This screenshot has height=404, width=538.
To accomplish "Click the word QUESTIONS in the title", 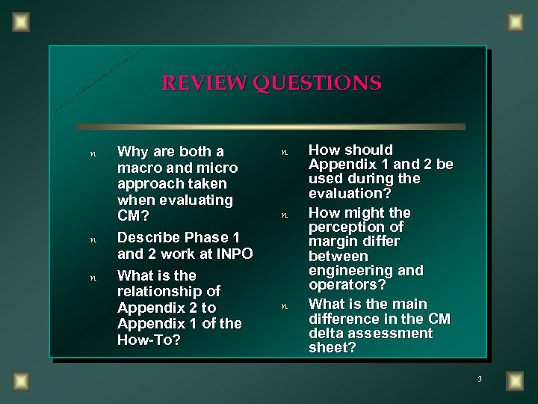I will point(318,82).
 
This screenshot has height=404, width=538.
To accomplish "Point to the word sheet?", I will point(333,348).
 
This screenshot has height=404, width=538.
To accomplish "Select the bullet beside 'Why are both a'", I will point(93,153).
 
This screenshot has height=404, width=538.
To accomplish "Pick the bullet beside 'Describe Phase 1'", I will point(93,239).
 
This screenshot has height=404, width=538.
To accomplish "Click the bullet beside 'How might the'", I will point(284,215).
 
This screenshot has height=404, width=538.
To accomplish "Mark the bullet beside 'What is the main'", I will point(284,306).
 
